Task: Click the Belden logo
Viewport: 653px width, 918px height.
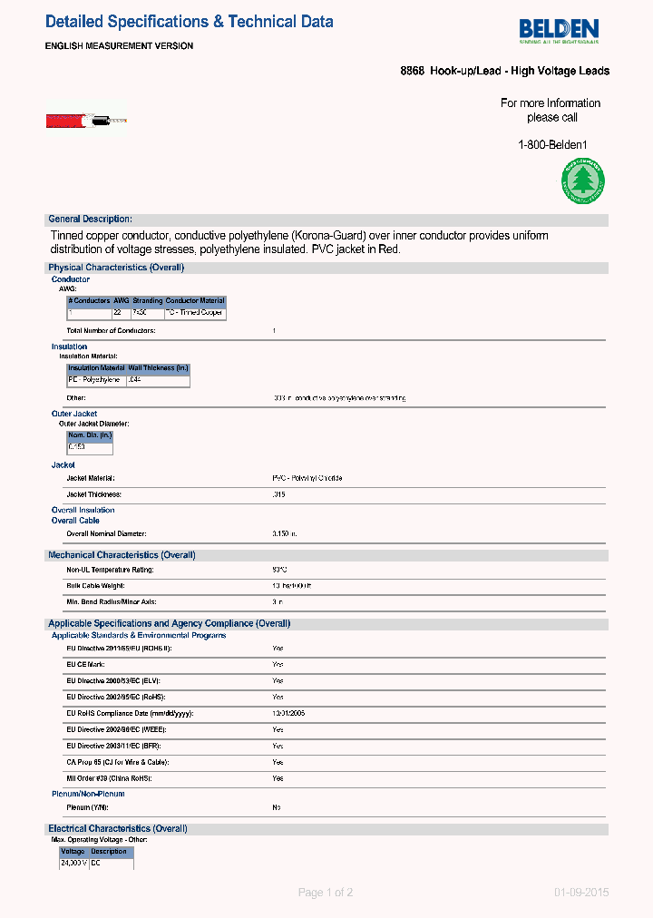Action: click(560, 31)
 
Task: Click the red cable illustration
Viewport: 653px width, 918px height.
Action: click(86, 120)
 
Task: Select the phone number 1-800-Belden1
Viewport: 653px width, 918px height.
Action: click(552, 145)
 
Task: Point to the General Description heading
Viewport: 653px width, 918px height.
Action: click(90, 219)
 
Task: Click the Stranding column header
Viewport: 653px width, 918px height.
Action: click(148, 300)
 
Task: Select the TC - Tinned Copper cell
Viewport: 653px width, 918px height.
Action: click(194, 312)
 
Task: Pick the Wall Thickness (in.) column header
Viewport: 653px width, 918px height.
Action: click(158, 368)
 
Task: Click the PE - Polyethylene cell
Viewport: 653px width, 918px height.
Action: click(95, 380)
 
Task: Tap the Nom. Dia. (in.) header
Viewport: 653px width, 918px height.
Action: click(90, 435)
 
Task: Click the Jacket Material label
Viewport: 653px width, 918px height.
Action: click(91, 478)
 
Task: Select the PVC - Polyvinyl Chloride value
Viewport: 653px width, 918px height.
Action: click(307, 478)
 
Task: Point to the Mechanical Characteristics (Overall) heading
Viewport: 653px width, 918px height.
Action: click(122, 554)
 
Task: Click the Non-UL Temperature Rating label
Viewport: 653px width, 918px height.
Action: click(110, 570)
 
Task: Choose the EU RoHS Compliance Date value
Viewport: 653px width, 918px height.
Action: click(288, 713)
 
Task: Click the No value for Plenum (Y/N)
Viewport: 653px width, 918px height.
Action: click(277, 807)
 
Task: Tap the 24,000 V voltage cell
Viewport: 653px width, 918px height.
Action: click(73, 863)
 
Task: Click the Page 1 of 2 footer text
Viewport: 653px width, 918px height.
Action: click(326, 893)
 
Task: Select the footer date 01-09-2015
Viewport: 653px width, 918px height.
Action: click(581, 893)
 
